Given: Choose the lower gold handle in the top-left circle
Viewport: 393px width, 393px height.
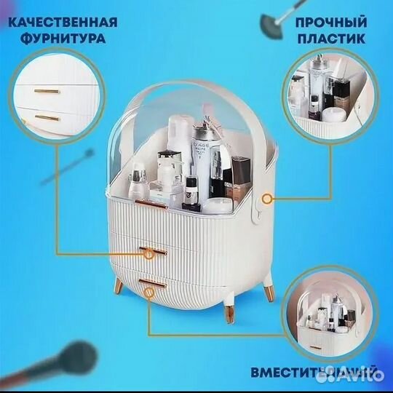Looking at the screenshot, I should pos(48,116).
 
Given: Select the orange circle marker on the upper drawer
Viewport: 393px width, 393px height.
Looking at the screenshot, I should pos(148,253).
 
